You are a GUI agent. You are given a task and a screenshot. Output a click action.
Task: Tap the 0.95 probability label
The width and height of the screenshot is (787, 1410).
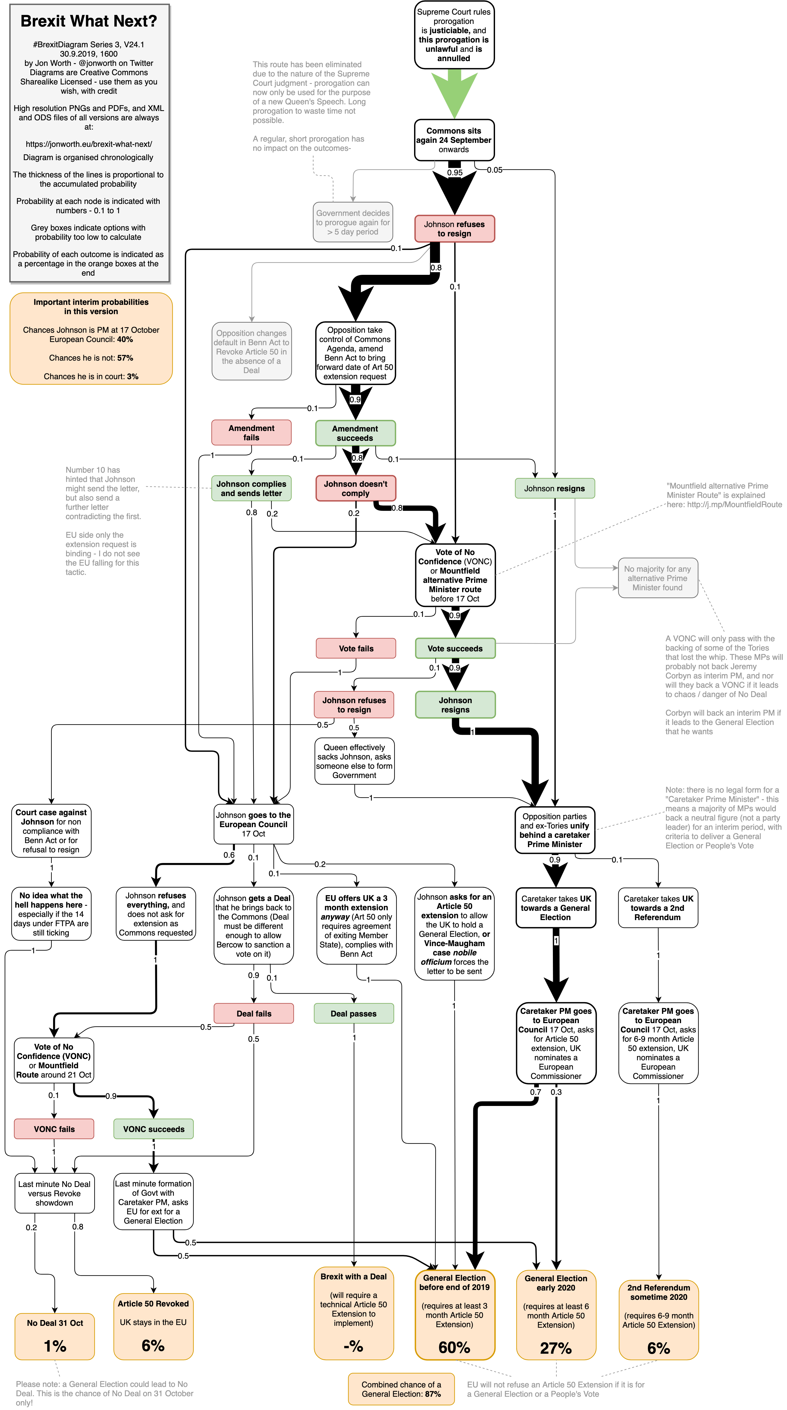tap(454, 172)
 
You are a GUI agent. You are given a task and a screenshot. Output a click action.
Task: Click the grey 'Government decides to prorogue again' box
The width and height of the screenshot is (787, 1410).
tap(353, 222)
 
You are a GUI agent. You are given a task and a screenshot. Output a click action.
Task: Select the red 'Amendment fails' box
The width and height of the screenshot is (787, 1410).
tap(251, 432)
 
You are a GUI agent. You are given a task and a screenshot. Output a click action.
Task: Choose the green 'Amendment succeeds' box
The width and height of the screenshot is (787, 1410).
tap(355, 433)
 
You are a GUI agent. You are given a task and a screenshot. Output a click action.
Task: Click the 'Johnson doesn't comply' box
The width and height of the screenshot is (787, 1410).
tap(355, 488)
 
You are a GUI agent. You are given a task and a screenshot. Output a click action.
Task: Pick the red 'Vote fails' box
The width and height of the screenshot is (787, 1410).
tap(356, 648)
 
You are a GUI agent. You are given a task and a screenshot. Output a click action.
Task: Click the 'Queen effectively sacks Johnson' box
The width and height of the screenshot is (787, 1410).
tap(354, 761)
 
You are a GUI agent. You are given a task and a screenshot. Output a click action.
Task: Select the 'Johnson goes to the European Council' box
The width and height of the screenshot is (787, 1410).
tap(253, 824)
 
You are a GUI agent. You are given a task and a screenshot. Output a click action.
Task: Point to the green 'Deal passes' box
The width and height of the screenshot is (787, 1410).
tap(354, 1013)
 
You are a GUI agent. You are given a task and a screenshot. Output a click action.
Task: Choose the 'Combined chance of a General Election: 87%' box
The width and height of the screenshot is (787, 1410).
tap(401, 1389)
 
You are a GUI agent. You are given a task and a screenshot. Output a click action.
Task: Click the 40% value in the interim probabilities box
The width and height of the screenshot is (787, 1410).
tap(125, 339)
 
